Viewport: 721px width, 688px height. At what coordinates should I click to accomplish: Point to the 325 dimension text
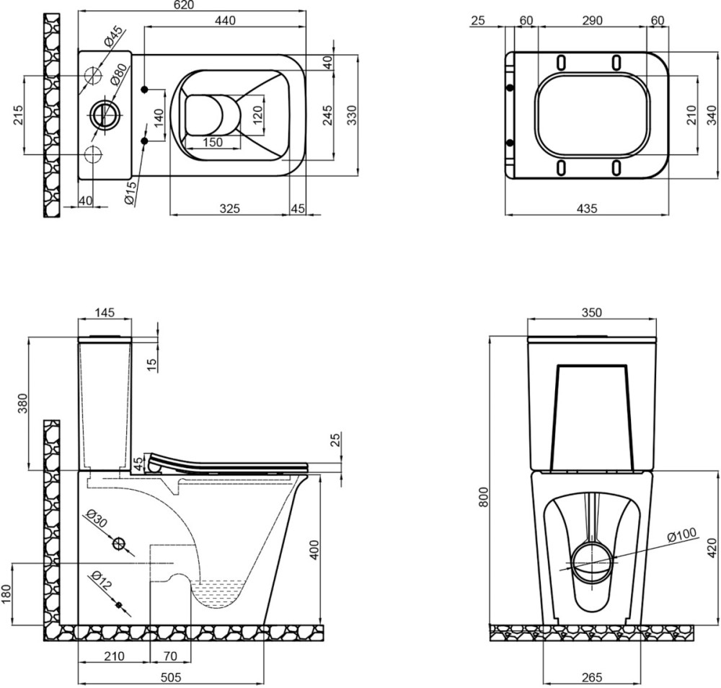(x=229, y=208)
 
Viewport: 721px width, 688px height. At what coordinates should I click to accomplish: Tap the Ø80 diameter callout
(x=120, y=74)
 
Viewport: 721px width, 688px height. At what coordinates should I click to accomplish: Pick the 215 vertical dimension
(x=19, y=115)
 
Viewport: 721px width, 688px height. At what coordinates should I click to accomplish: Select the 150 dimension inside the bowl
(x=212, y=142)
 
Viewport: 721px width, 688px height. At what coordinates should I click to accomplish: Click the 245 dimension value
(x=327, y=115)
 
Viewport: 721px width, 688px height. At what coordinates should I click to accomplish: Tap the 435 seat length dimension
(x=587, y=208)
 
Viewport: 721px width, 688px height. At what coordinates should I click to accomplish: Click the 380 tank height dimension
(x=22, y=403)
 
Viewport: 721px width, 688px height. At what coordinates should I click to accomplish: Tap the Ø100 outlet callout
(x=681, y=535)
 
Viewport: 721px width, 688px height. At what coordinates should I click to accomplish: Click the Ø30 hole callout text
(x=95, y=519)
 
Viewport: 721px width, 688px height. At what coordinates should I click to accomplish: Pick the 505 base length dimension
(x=170, y=677)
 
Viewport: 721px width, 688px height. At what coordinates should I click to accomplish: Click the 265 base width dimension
(x=591, y=677)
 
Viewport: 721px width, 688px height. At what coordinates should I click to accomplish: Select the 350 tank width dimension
(x=591, y=312)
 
